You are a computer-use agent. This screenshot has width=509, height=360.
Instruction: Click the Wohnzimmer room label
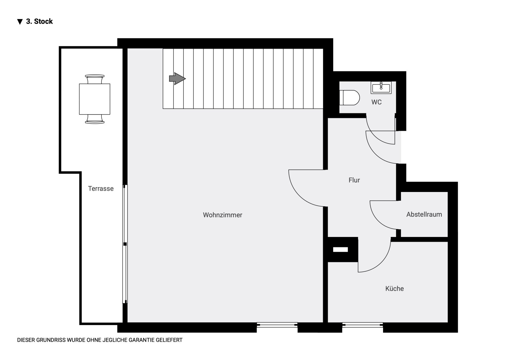pyautogui.click(x=223, y=215)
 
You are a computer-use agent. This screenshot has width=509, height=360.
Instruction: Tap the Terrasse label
pyautogui.click(x=101, y=189)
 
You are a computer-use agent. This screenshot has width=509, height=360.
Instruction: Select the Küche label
pyautogui.click(x=394, y=289)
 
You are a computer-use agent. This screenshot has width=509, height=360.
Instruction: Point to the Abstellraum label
pyautogui.click(x=424, y=214)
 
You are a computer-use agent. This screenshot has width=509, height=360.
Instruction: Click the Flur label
pyautogui.click(x=354, y=180)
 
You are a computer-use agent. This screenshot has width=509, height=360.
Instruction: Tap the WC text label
pyautogui.click(x=376, y=102)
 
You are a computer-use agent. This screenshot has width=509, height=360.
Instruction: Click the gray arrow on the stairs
pyautogui.click(x=177, y=79)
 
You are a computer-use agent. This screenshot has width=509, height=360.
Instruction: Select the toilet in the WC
pyautogui.click(x=349, y=98)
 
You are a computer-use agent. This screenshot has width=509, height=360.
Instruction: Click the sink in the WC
pyautogui.click(x=381, y=88)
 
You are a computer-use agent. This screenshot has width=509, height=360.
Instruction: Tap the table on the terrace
pyautogui.click(x=95, y=99)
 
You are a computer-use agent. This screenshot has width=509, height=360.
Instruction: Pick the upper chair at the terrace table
pyautogui.click(x=95, y=79)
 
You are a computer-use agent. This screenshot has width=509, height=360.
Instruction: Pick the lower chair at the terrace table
pyautogui.click(x=95, y=119)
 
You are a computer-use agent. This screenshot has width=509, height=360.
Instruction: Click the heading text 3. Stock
pyautogui.click(x=39, y=21)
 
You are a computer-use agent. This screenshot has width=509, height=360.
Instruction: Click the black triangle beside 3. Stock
pyautogui.click(x=20, y=22)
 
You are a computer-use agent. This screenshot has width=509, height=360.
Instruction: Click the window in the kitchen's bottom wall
pyautogui.click(x=362, y=325)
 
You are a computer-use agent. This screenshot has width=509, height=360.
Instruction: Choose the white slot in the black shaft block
pyautogui.click(x=340, y=249)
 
